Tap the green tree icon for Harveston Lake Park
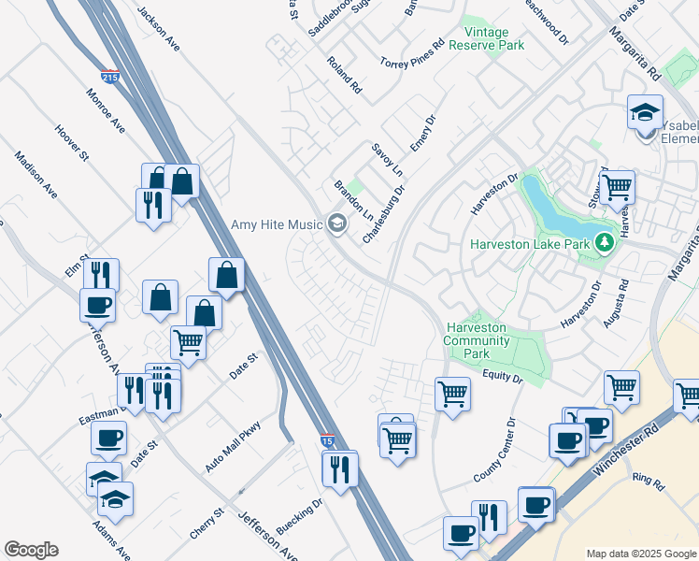pyautogui.click(x=605, y=244)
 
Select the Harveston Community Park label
pyautogui.click(x=476, y=341)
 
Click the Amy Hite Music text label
pyautogui.click(x=276, y=223)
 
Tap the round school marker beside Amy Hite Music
pyautogui.click(x=336, y=223)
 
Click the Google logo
pyautogui.click(x=31, y=550)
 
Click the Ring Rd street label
pyautogui.click(x=647, y=482)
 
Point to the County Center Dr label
pyautogui.click(x=494, y=450)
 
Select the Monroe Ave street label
pyautogui.click(x=105, y=110)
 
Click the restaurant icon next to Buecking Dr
pyautogui.click(x=340, y=467)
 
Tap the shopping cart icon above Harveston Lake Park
pyautogui.click(x=617, y=186)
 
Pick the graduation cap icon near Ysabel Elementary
pyautogui.click(x=645, y=112)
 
